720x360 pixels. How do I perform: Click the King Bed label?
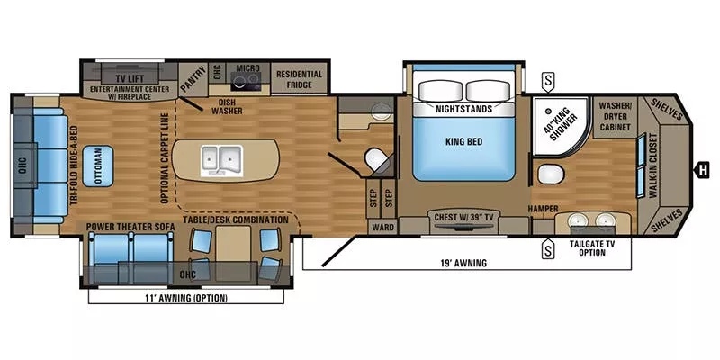click(464, 141)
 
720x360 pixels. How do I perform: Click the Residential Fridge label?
click(298, 78)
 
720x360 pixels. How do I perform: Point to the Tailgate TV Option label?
click(588, 248)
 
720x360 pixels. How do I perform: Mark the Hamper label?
click(544, 210)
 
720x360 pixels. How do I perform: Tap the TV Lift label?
click(121, 78)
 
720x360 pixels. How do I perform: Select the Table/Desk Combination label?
click(235, 220)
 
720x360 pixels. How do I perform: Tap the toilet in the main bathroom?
click(548, 175)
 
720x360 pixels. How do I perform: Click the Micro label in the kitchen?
click(247, 67)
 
